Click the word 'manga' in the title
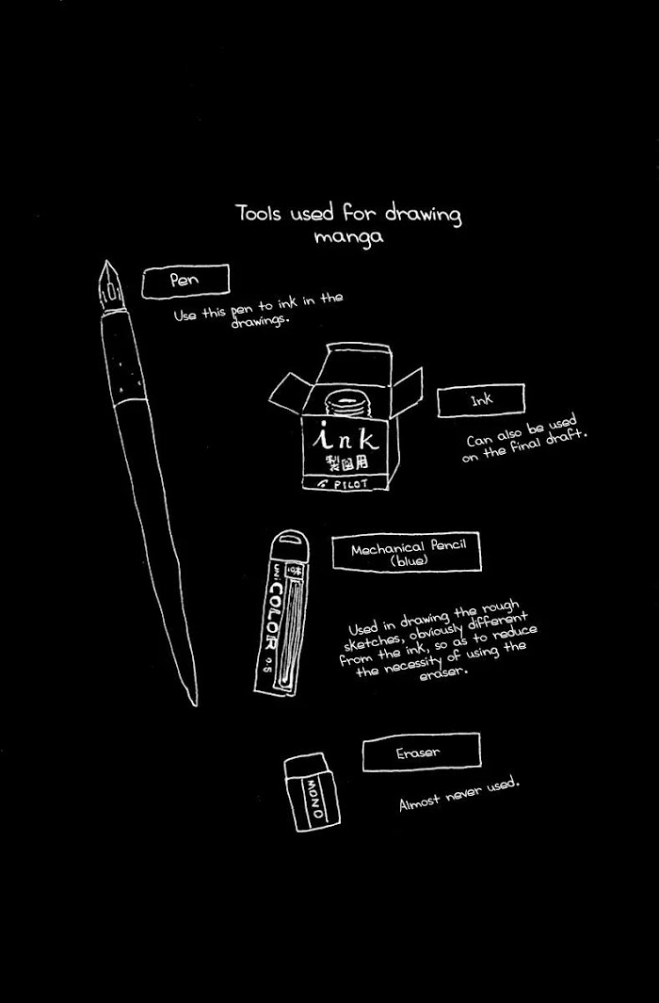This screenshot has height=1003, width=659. click(x=349, y=237)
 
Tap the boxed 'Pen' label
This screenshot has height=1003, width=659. click(x=185, y=282)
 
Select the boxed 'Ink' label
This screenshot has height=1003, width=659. click(x=481, y=400)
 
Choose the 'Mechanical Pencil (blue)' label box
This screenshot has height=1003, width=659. click(x=407, y=552)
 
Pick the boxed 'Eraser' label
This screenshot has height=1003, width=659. click(x=421, y=752)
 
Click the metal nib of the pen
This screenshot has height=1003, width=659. click(x=109, y=286)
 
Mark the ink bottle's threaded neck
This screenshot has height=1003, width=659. click(x=348, y=404)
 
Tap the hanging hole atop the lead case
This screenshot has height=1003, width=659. click(x=292, y=542)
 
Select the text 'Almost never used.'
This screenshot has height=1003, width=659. click(x=458, y=795)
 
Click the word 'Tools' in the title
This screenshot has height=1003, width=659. click(x=259, y=213)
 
